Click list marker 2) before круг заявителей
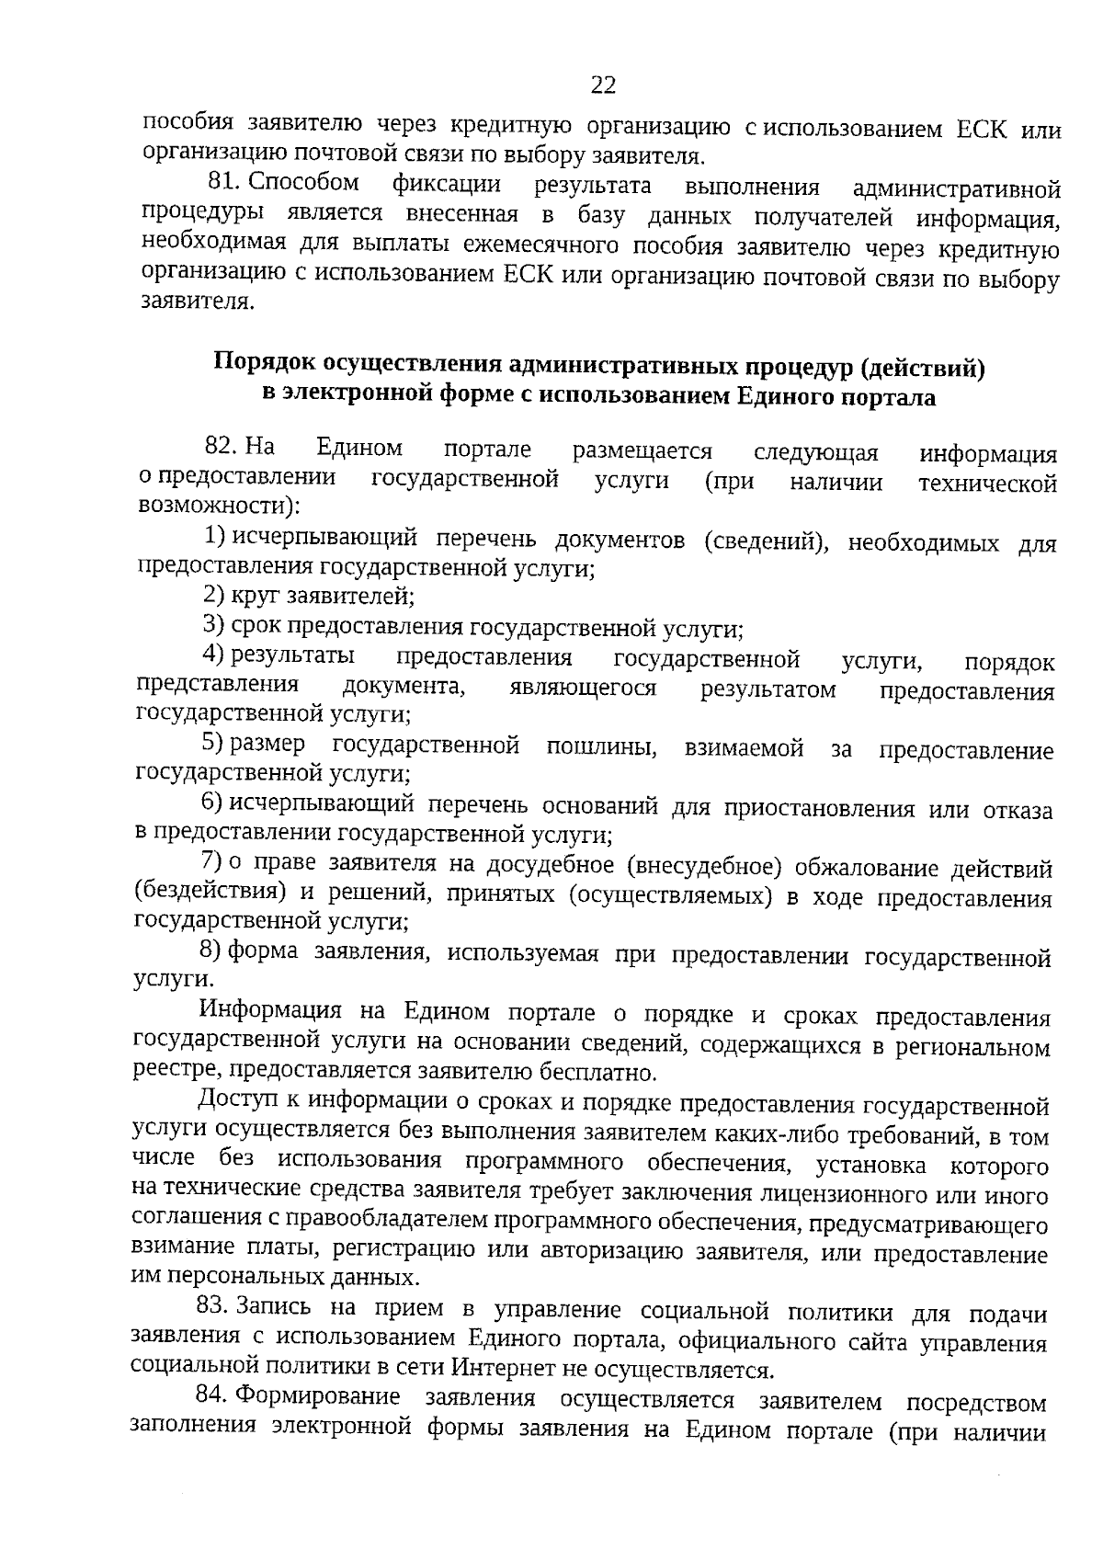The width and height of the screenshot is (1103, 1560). [213, 596]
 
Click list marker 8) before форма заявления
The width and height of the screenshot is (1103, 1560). [211, 950]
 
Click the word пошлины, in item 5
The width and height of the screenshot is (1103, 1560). [601, 747]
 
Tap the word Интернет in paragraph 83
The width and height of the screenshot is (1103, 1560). [504, 1370]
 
